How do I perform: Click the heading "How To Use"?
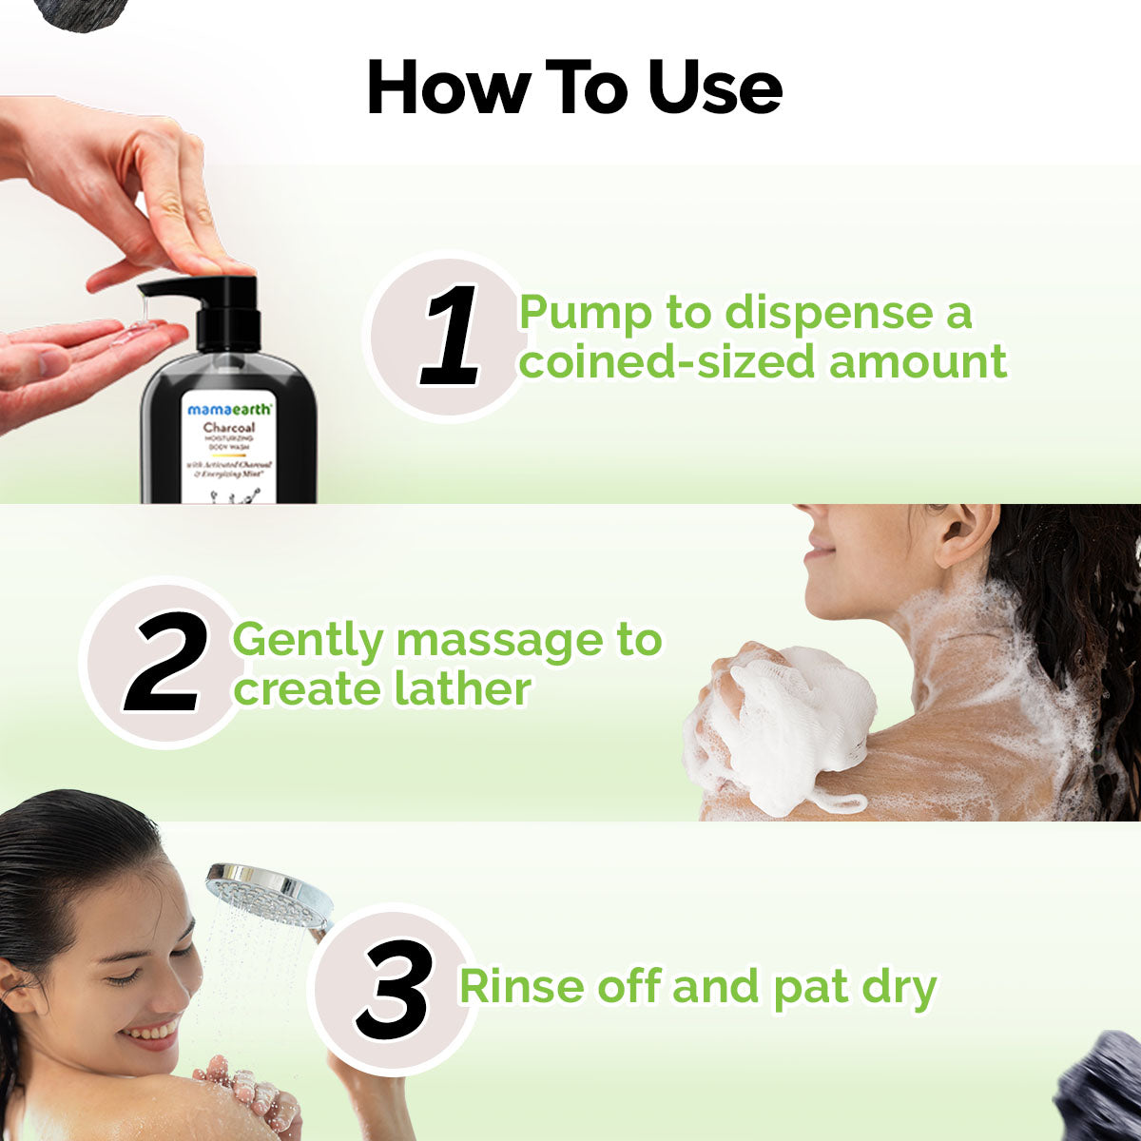pos(574,87)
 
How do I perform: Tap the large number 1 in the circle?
pos(451,338)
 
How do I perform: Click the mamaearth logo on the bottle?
pos(229,409)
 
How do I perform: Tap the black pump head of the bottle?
pos(214,295)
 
